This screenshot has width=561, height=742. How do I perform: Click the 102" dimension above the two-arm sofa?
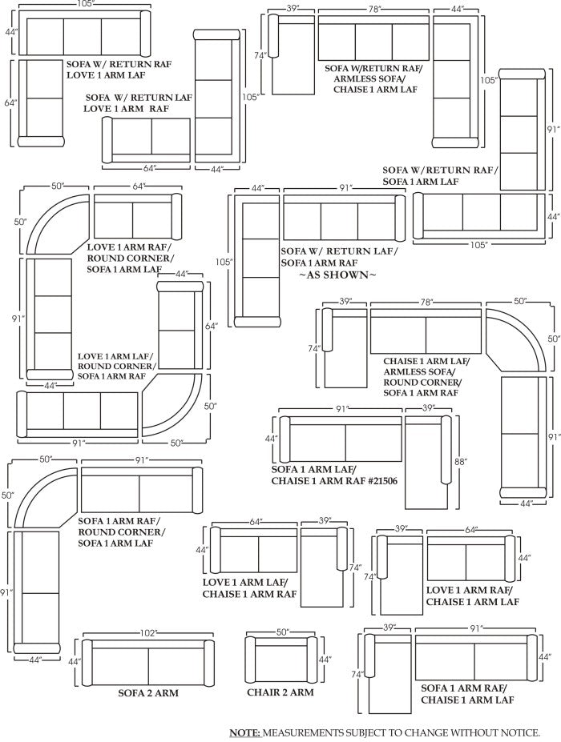[148, 633]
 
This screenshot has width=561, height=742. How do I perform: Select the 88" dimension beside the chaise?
[461, 461]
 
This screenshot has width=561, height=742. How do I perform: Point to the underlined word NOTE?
[245, 732]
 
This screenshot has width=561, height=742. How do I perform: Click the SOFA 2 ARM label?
[148, 693]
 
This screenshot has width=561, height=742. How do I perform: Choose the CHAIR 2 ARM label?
[280, 692]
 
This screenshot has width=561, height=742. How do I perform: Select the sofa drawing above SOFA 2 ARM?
[148, 663]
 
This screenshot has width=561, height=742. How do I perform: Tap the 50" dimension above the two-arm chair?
[282, 632]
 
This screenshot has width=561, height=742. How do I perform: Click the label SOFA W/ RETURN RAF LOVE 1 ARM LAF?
[119, 69]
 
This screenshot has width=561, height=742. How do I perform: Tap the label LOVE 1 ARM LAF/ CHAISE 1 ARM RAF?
[250, 588]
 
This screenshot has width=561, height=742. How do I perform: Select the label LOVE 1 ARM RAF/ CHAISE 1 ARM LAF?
[472, 596]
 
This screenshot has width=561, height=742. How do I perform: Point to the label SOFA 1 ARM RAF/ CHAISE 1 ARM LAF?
[467, 694]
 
